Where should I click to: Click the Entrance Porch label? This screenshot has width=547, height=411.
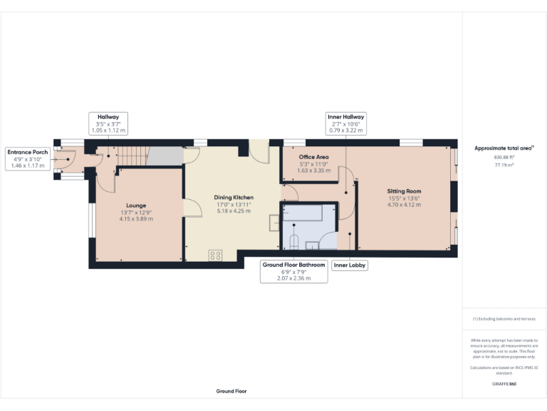coord(28,152)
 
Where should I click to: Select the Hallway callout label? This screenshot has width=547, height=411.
coord(108,116)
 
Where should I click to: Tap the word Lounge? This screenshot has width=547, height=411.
coord(136,204)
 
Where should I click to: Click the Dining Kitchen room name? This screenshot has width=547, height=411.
coord(234,198)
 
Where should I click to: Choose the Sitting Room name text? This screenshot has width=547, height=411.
coord(404,191)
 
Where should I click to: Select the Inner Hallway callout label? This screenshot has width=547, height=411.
coord(345,116)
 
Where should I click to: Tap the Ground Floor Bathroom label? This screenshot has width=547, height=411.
coord(293,265)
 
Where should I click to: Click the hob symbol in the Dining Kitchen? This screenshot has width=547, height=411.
coord(216,255)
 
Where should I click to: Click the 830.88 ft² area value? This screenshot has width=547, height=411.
coord(504,157)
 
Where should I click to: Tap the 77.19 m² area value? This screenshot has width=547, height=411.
coord(504,164)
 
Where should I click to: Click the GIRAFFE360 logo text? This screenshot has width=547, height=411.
coord(504,384)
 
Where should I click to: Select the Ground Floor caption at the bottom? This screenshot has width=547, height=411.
coord(231,391)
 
